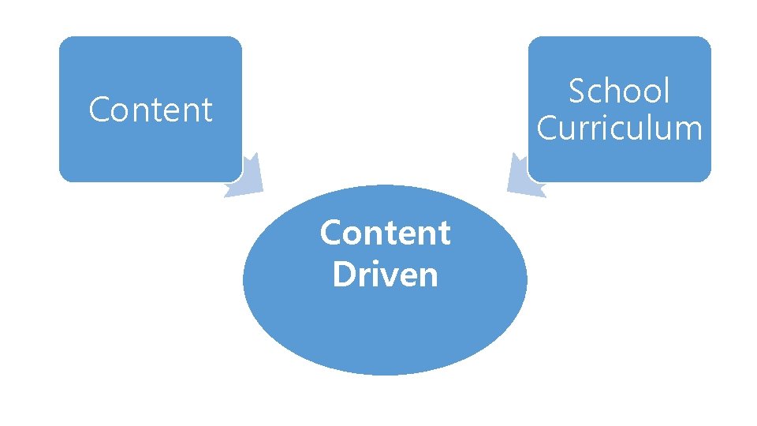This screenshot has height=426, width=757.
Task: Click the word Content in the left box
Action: coord(150,110)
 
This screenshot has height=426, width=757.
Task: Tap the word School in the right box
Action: coord(619,92)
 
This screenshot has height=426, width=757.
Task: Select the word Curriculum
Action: coord(619,128)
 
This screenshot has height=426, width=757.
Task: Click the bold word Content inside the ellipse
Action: coord(385,234)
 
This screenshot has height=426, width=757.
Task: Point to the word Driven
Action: coord(385,275)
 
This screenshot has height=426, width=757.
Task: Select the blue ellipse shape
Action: coord(385,323)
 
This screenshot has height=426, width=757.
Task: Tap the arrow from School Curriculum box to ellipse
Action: coord(522,177)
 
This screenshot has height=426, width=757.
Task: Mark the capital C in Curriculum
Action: coord(547,128)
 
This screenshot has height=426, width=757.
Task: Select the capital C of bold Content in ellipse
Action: coord(330,234)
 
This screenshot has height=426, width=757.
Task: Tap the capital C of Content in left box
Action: coord(99,110)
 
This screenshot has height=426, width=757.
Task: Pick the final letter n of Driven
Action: coord(427,277)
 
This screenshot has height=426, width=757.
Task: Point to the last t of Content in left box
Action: coord(207,110)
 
